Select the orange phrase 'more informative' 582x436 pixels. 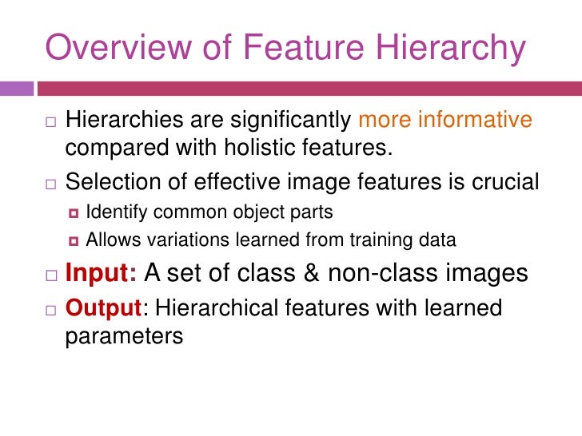(x=445, y=121)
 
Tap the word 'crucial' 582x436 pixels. (x=495, y=183)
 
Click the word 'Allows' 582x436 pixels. (x=111, y=240)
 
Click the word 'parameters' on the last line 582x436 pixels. (x=123, y=336)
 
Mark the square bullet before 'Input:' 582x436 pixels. (x=50, y=275)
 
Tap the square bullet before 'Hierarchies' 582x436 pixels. (x=50, y=122)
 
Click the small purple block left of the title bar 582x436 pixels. (x=18, y=87)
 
